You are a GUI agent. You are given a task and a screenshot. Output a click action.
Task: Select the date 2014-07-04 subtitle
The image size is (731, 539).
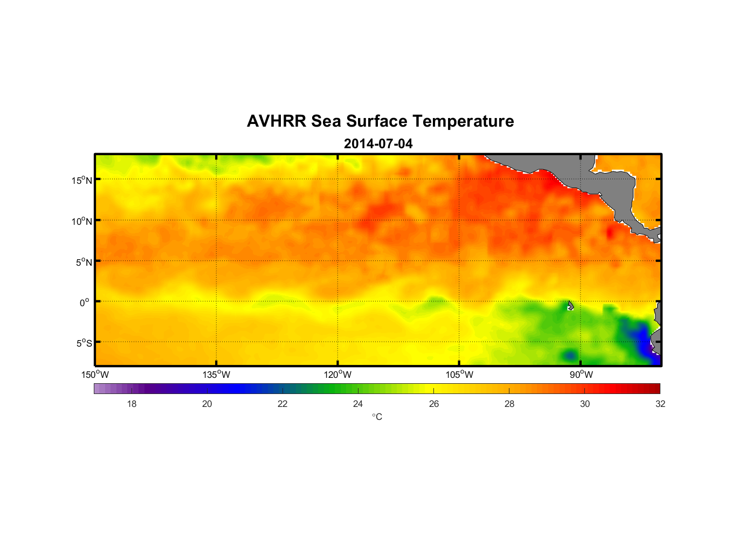click(378, 144)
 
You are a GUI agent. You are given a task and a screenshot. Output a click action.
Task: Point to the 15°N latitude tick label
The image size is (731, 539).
click(82, 180)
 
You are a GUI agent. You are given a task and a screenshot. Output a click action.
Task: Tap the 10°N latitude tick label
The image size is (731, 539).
click(82, 221)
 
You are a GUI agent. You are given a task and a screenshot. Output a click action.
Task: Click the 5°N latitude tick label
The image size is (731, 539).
click(84, 262)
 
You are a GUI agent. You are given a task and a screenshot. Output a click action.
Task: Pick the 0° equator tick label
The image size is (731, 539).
click(85, 302)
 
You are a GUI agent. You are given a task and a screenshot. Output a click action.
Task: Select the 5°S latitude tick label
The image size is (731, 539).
click(84, 343)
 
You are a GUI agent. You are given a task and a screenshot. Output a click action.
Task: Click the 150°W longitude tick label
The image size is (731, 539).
click(95, 375)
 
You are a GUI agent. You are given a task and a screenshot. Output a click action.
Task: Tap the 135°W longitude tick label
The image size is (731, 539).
click(217, 375)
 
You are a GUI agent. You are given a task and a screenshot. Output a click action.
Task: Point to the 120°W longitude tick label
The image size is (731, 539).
click(338, 375)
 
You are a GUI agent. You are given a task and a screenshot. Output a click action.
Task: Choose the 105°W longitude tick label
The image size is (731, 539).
click(459, 375)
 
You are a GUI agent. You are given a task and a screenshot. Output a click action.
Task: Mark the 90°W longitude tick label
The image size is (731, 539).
click(581, 375)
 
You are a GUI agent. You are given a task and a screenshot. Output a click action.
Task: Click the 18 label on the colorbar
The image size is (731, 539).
click(132, 404)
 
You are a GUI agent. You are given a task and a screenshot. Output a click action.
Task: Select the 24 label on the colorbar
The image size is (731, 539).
click(358, 404)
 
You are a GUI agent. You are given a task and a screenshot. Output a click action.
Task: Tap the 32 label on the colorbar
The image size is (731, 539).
click(660, 404)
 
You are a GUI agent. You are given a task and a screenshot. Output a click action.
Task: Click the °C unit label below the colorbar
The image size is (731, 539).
click(377, 417)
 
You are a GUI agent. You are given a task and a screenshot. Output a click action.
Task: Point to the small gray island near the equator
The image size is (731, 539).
click(570, 306)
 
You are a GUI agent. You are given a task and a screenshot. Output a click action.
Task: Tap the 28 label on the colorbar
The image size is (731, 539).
click(509, 404)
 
